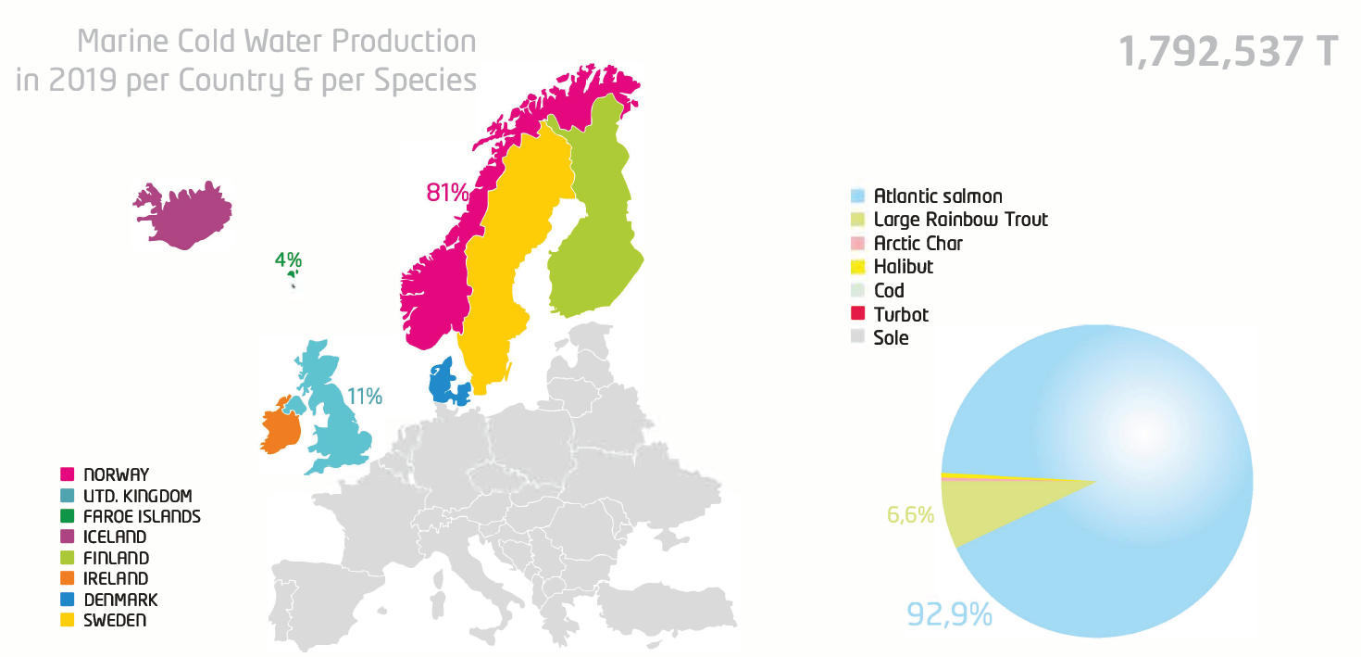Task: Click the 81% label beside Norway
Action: [447, 193]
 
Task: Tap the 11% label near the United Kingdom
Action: [365, 397]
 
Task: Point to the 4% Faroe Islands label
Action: [288, 260]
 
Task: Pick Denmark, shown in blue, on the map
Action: [443, 382]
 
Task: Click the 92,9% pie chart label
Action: [949, 613]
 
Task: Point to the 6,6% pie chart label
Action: [910, 514]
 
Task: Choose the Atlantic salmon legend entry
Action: [937, 196]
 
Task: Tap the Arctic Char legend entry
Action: [918, 244]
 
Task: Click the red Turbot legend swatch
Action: [857, 314]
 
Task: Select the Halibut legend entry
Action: [903, 267]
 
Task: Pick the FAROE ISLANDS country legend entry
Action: [141, 516]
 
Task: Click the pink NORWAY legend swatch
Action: [67, 474]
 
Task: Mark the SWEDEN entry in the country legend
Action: [114, 620]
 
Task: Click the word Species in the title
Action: [425, 81]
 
